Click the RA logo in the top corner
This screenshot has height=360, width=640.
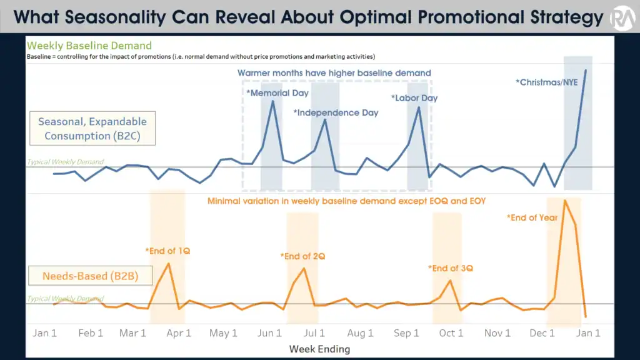pyautogui.click(x=623, y=17)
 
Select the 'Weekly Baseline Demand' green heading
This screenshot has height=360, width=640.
pyautogui.click(x=89, y=46)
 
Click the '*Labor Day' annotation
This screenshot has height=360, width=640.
pyautogui.click(x=414, y=98)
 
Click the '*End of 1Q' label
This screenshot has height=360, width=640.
pyautogui.click(x=167, y=251)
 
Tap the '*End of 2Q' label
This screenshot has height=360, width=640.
pyautogui.click(x=303, y=256)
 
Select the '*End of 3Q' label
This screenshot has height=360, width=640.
pyautogui.click(x=451, y=268)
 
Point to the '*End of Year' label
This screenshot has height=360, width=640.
pyautogui.click(x=532, y=217)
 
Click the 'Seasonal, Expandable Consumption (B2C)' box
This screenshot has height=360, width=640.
pyautogui.click(x=92, y=129)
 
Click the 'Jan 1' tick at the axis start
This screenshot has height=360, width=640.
pyautogui.click(x=44, y=333)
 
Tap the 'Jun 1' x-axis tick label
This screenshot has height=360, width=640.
pyautogui.click(x=269, y=333)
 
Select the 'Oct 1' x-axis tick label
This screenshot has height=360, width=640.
pyautogui.click(x=451, y=333)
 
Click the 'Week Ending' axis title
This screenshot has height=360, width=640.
pyautogui.click(x=319, y=349)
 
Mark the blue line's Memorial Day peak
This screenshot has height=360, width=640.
pyautogui.click(x=272, y=101)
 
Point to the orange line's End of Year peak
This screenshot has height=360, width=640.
pyautogui.click(x=565, y=201)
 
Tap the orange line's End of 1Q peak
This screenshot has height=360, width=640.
pyautogui.click(x=169, y=264)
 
